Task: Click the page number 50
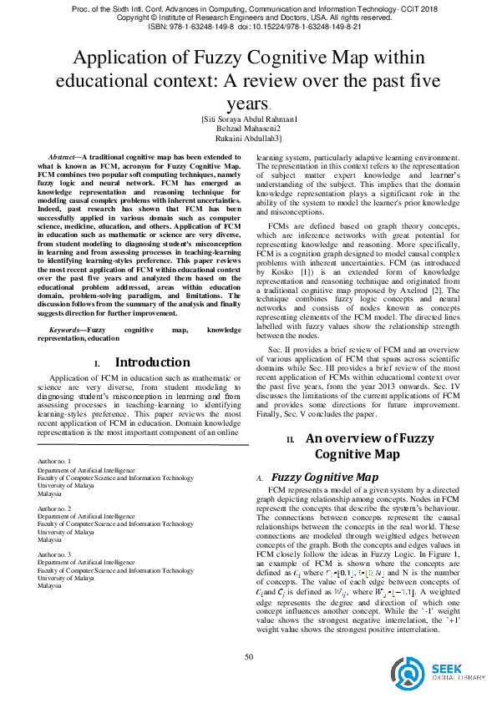tap(248, 657)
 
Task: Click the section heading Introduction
tap(151, 362)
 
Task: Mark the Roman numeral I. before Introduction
tap(97, 364)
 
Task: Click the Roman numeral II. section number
tap(291, 439)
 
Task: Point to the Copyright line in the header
tap(248, 17)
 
